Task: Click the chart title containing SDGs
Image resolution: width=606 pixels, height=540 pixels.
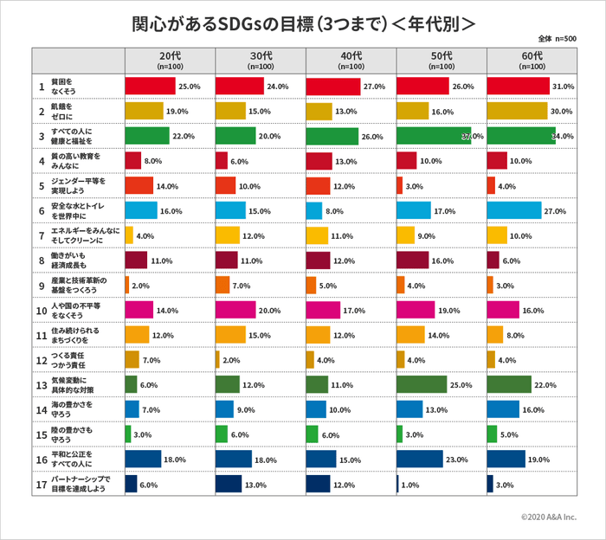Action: (303, 24)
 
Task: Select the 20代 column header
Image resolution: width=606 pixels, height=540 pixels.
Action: (170, 61)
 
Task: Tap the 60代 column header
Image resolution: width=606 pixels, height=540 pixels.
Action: (532, 61)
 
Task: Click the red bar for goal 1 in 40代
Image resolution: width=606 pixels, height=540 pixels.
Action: (332, 87)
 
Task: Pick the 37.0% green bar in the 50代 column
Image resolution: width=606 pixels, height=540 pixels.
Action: (433, 136)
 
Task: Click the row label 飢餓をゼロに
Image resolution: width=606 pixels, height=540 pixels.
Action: (66, 112)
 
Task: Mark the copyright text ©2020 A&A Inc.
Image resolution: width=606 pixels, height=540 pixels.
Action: (548, 517)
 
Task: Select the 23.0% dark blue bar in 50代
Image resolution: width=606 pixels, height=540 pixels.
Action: (419, 459)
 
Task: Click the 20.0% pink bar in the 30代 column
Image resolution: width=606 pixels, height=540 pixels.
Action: (235, 310)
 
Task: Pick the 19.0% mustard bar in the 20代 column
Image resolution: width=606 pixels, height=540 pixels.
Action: (144, 111)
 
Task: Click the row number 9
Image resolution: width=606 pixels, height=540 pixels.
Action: (42, 285)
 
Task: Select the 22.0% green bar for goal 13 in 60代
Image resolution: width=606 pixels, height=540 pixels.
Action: (509, 384)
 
